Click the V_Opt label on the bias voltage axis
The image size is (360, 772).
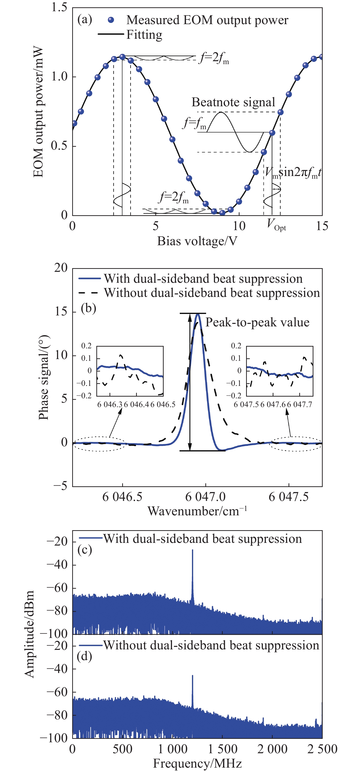pos(276,225)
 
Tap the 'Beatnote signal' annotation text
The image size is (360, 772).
pos(233,102)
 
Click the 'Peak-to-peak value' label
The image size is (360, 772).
pos(257,322)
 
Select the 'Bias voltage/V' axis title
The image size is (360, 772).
pos(197,241)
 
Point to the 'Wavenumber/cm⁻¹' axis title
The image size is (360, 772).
pos(197,511)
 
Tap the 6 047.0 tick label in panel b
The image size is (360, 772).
pos(205,497)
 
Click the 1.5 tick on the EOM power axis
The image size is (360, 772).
pos(59,7)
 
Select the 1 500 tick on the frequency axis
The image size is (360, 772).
pos(222,749)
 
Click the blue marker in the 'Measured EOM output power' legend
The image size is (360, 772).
pos(111,20)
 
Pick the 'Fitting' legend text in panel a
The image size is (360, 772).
pos(144,35)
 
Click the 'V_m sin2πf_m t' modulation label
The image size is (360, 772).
pos(293,173)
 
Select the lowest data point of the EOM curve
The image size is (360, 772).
pos(222,213)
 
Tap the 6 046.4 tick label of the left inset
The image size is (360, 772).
pos(136,405)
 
